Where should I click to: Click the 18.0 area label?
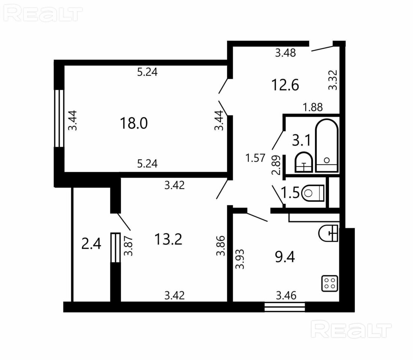coord(134,123)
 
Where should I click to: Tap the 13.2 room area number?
coord(168,239)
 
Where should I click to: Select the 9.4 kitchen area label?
coord(285,257)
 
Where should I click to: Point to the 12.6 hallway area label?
coord(285,85)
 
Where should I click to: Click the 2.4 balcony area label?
coord(91,244)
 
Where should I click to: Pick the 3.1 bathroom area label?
coord(301,140)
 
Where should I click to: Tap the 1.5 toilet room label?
coord(290,193)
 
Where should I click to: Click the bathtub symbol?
coord(327,146)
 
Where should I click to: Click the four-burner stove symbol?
coord(330,284)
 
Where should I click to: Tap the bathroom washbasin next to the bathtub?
coord(304,162)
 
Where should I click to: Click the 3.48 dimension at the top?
coord(285,53)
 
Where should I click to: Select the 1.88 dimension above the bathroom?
coord(313,107)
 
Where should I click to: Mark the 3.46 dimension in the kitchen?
coord(286,295)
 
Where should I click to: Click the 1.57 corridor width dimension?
coord(255,158)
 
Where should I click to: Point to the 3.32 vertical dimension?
coord(333,80)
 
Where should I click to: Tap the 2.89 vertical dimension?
coord(276,165)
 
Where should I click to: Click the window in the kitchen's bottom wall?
coord(285,307)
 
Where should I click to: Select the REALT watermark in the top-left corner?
coord(43,14)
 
